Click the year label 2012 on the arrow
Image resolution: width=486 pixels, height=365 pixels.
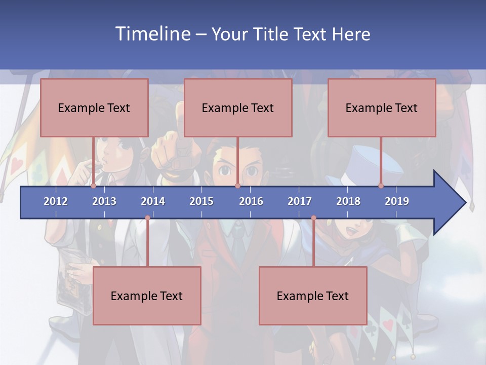click(x=56, y=201)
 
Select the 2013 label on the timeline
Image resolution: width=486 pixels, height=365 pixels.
click(x=104, y=201)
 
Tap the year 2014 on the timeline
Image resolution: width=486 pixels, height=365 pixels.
click(x=153, y=201)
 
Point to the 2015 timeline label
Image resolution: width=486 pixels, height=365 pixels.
click(x=201, y=201)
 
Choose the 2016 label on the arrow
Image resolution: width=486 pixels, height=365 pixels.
click(x=251, y=201)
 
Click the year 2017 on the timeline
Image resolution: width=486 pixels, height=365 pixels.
click(x=300, y=201)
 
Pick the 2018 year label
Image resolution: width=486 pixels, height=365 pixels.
click(x=348, y=201)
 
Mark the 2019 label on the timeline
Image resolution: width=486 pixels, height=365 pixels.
click(x=397, y=201)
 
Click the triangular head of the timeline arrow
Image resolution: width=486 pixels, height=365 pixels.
click(x=449, y=203)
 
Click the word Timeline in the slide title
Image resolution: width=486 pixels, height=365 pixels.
click(x=152, y=34)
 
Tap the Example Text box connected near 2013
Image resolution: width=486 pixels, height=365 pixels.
click(x=94, y=108)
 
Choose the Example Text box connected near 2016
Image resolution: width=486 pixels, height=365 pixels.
click(x=238, y=108)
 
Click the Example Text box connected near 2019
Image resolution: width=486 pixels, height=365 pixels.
click(x=382, y=108)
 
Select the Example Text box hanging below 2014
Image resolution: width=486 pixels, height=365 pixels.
click(x=147, y=296)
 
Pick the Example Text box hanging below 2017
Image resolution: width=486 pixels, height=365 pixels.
click(x=313, y=296)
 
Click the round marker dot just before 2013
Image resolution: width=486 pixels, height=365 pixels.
click(x=93, y=186)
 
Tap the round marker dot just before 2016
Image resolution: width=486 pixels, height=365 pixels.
click(x=237, y=186)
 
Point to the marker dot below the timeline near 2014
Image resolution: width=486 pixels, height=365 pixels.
click(x=147, y=218)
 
